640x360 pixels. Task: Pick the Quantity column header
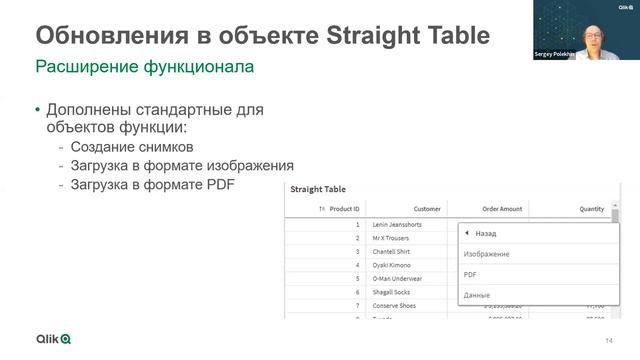592,209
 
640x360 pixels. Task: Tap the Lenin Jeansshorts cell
399,225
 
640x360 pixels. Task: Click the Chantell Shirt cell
392,252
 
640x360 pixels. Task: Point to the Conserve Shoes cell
396,305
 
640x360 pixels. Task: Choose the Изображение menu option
487,254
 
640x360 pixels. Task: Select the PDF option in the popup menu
471,274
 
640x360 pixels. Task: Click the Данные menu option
478,294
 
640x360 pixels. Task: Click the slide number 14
609,342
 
